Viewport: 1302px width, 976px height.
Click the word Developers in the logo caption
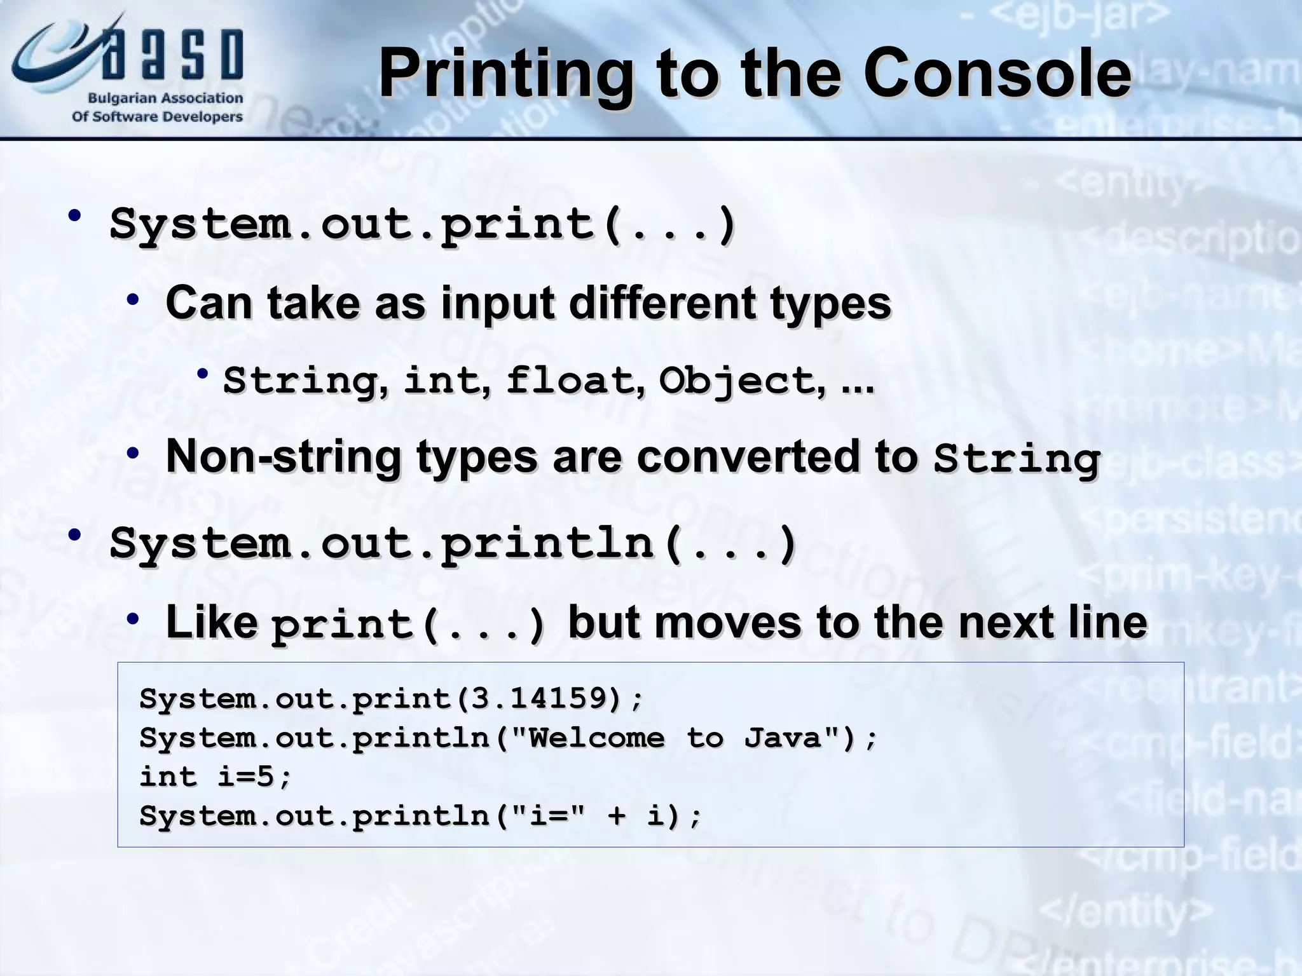[202, 117]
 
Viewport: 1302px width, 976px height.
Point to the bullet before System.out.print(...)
[75, 216]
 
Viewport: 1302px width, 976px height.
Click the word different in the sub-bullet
[662, 302]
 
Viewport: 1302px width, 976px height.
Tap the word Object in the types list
[737, 381]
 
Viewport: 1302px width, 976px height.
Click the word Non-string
[283, 457]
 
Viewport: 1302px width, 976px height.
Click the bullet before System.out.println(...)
[75, 535]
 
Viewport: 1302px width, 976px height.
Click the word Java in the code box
[783, 738]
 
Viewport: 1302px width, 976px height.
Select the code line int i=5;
[216, 776]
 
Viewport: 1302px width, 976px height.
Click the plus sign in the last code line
[616, 816]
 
